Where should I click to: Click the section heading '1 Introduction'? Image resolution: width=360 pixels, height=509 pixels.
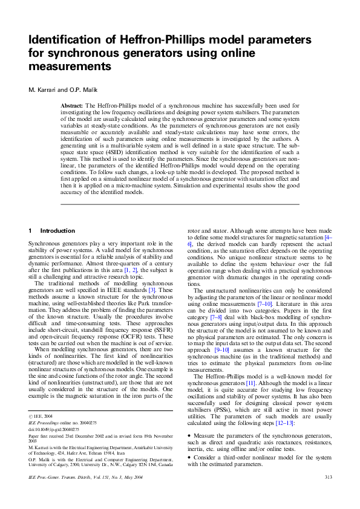[53, 231]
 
